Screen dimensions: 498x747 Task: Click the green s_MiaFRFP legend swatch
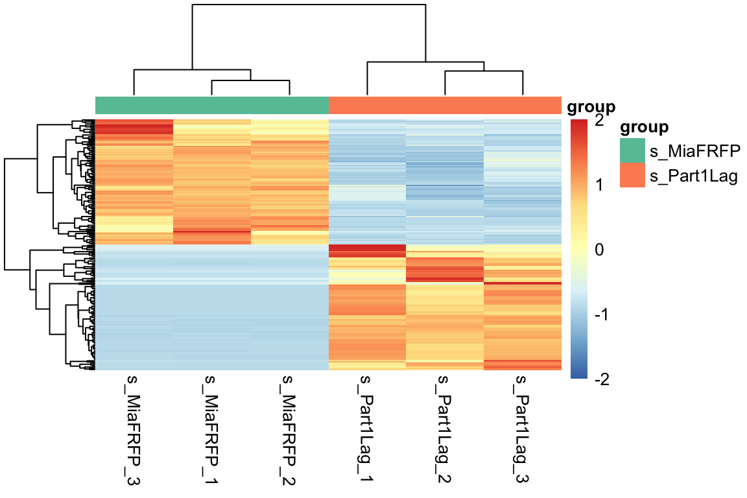coord(632,150)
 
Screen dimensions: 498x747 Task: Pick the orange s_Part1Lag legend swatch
coord(632,175)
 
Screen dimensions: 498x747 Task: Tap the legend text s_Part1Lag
coord(694,176)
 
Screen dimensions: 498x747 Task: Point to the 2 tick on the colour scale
coord(598,121)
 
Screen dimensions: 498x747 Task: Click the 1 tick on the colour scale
coord(598,185)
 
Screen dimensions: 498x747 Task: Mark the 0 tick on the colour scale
coord(598,250)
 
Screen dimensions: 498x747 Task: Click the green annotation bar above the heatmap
coord(212,105)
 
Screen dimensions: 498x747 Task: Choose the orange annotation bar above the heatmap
coord(445,105)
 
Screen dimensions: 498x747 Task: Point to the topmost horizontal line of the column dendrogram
coord(309,5)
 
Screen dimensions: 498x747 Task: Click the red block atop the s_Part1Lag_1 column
coord(368,251)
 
